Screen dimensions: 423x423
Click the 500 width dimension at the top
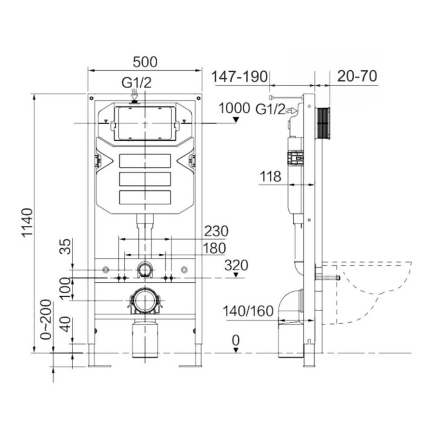click(145, 62)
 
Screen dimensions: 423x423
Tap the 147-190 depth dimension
click(239, 77)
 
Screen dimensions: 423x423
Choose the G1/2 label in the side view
click(270, 109)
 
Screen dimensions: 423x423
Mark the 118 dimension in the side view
click(270, 176)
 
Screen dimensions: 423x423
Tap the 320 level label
click(236, 265)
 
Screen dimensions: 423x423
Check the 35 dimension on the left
click(67, 247)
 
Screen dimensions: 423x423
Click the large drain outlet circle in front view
click(144, 300)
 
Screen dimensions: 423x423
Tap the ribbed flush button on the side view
click(325, 124)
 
